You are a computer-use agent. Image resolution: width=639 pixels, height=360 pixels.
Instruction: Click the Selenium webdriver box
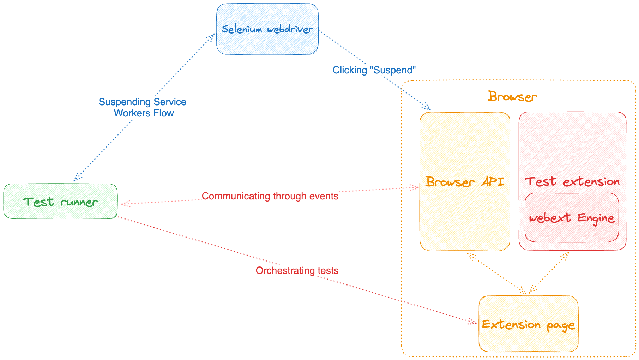pos(267,29)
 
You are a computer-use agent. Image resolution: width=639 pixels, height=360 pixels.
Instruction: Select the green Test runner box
pos(60,202)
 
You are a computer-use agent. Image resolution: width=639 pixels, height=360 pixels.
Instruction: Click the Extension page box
pos(528,324)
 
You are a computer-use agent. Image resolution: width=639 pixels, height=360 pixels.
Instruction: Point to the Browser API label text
pos(464,182)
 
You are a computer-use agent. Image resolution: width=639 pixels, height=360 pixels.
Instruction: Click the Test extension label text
pos(572,182)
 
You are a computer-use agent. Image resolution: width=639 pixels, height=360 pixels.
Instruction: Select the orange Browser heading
pos(512,96)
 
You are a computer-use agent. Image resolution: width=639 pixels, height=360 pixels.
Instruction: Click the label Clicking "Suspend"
pos(374,70)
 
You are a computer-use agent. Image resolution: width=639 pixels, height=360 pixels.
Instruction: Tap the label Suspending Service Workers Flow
pos(143,107)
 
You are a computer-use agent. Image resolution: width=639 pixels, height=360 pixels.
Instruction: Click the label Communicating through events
pos(270,196)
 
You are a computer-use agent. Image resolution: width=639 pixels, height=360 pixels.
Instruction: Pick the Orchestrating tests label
pos(297,271)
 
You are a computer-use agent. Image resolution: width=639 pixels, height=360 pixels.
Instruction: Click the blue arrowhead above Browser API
pos(427,107)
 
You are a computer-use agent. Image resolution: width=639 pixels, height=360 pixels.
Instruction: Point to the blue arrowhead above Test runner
pos(77,178)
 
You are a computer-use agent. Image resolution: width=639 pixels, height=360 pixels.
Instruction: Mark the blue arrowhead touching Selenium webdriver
pos(212,36)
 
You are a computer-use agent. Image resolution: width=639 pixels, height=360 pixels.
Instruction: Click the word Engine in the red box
pos(596,218)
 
